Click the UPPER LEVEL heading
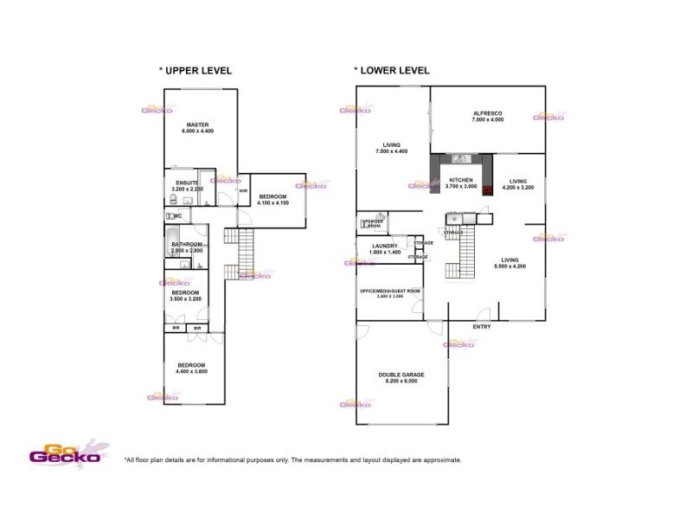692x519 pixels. click(196, 71)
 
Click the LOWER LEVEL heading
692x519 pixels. click(393, 71)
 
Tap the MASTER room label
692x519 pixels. click(197, 125)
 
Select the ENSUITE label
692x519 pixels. click(187, 183)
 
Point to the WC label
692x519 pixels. click(177, 216)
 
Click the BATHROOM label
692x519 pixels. click(187, 245)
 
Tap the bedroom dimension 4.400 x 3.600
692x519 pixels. click(191, 372)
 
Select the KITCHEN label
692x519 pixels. click(460, 180)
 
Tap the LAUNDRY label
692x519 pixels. click(385, 246)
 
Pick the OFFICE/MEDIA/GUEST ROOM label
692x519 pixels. click(390, 291)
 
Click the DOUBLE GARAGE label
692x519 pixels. click(401, 375)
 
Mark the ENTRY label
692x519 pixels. click(482, 326)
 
